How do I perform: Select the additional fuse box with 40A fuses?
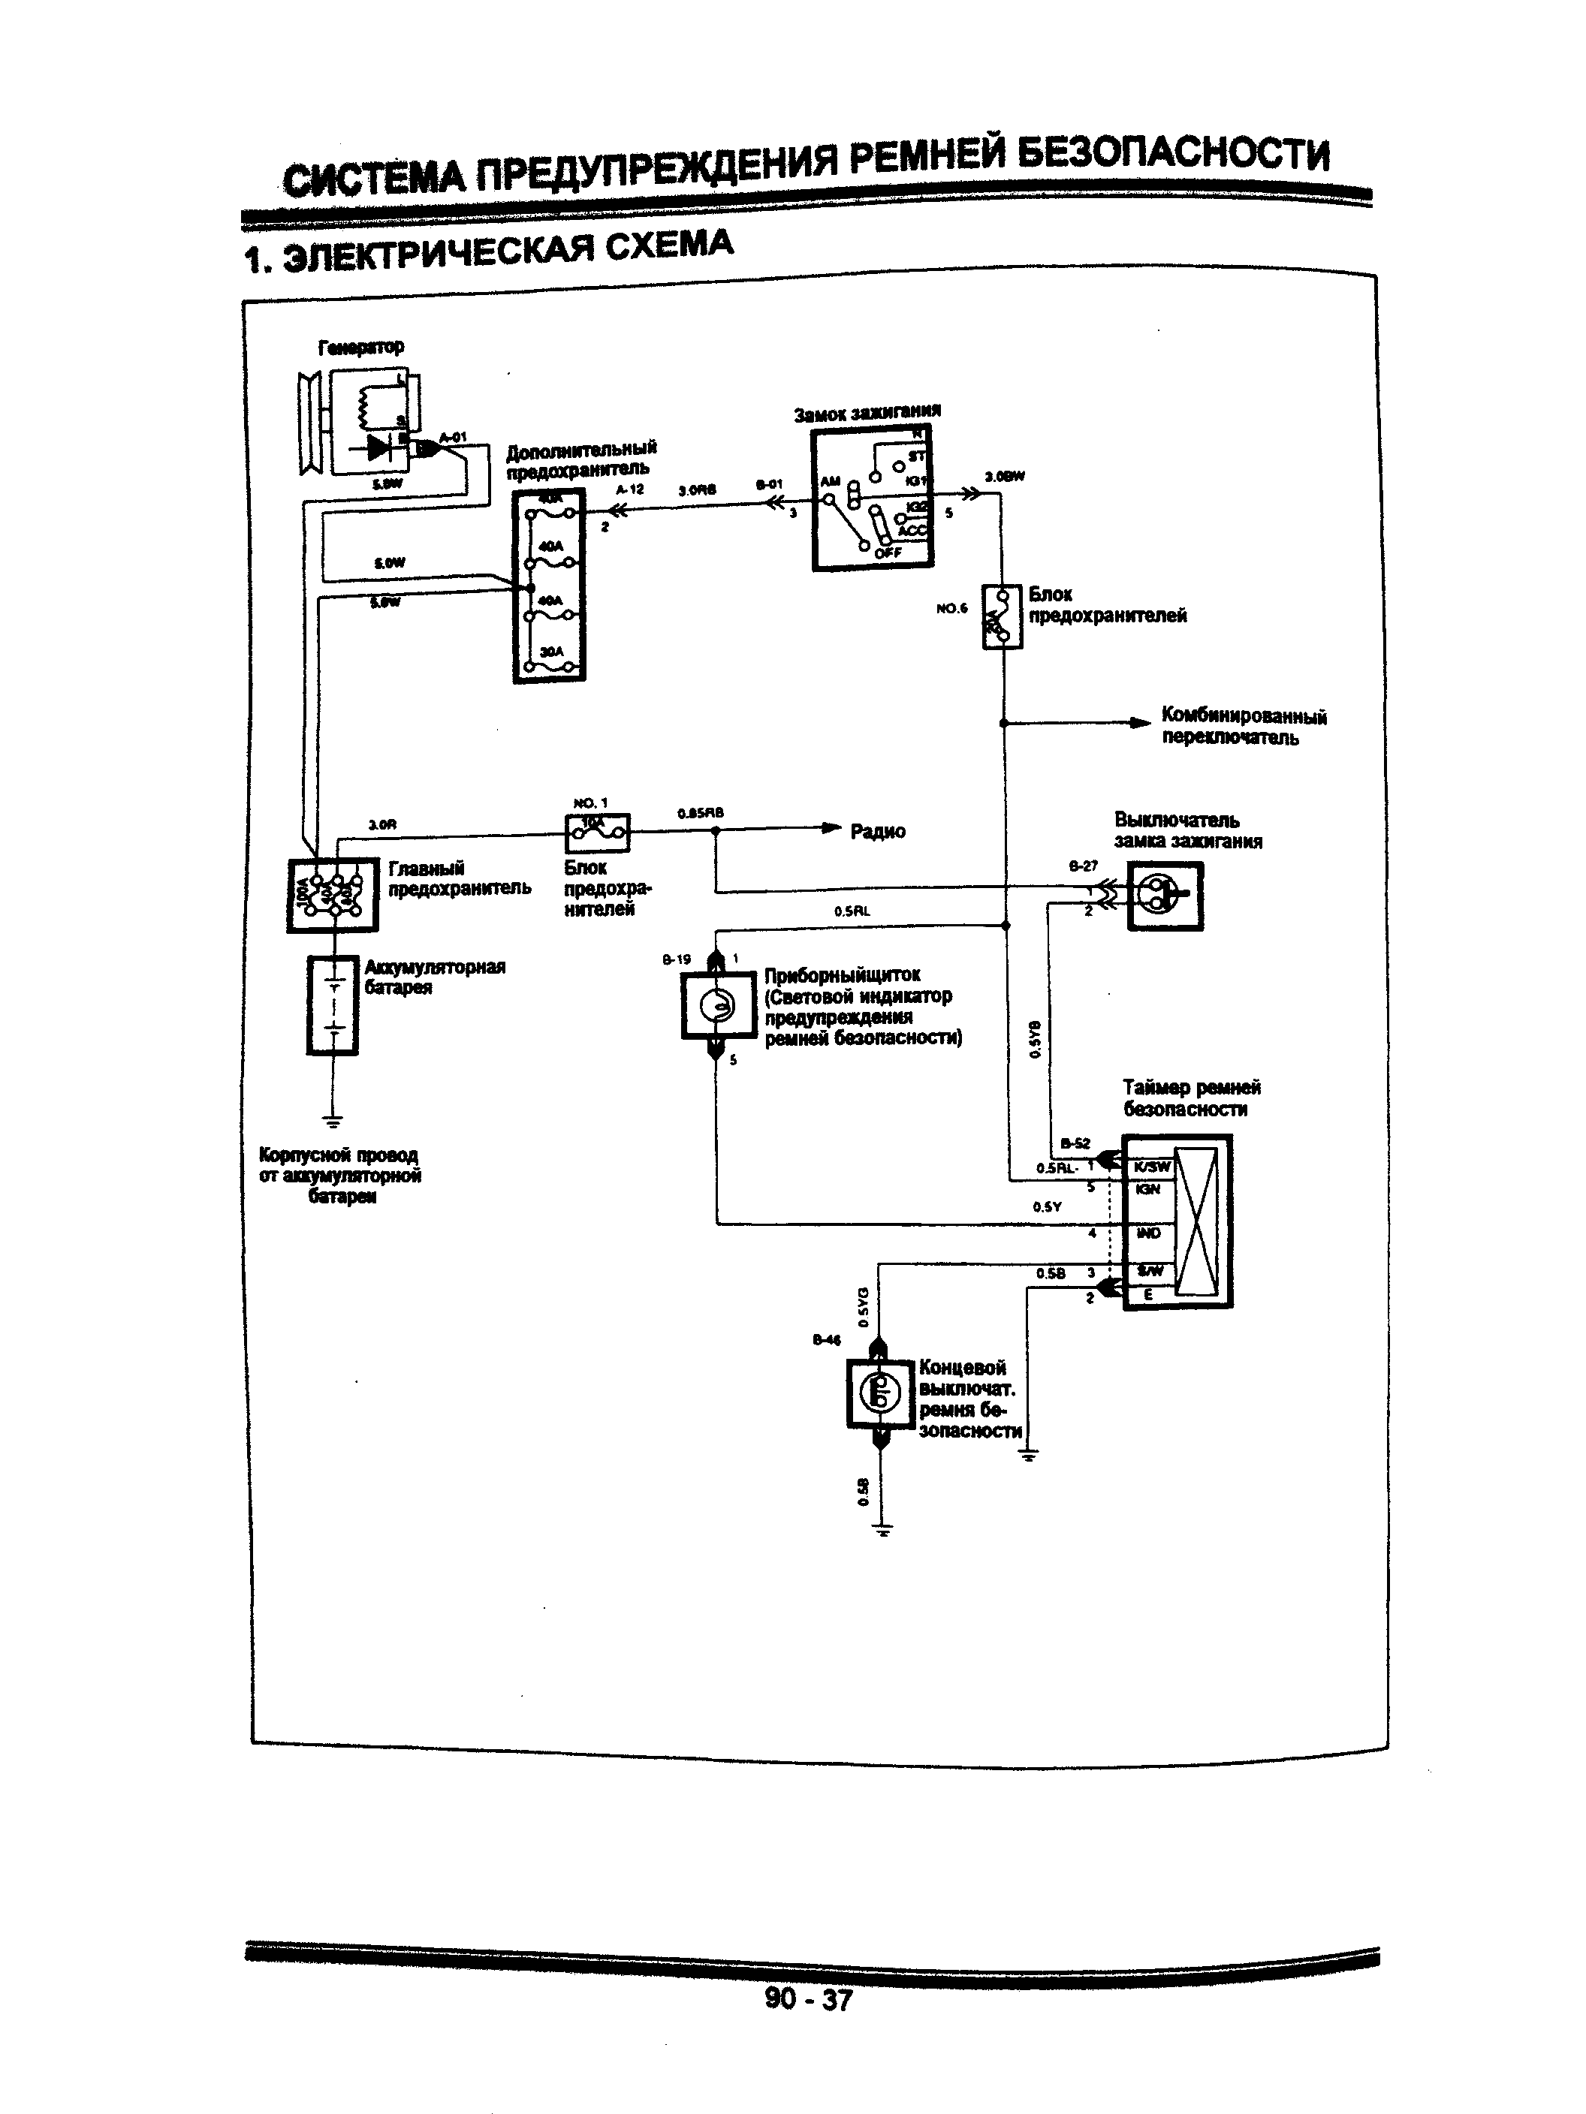tap(549, 586)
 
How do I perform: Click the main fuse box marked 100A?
tap(333, 895)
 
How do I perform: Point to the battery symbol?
tap(333, 1005)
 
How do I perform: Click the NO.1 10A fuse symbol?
tap(598, 833)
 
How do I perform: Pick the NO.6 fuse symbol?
tap(1002, 617)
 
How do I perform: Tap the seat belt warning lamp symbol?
tap(718, 1004)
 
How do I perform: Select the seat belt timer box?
tap(1177, 1221)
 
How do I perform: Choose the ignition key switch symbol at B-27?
tap(1165, 896)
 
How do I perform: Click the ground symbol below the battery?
tap(333, 1120)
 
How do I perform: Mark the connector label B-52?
tap(1075, 1143)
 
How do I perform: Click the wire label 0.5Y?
tap(1047, 1206)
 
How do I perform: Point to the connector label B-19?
tap(677, 959)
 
